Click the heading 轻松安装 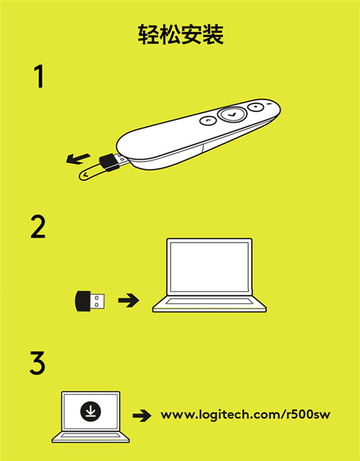point(181,34)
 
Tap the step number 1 point(39,77)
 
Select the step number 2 point(38,226)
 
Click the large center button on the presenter point(232,114)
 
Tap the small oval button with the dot point(256,106)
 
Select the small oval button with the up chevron point(208,120)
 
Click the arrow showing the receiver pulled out point(78,159)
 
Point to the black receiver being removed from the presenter point(109,163)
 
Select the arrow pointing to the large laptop point(129,300)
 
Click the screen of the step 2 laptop point(210,267)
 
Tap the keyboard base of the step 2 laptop point(210,304)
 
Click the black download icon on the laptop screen point(91,411)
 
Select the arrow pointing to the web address point(142,416)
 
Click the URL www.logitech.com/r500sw point(246,415)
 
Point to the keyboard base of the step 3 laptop point(91,437)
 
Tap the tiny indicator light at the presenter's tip point(268,104)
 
